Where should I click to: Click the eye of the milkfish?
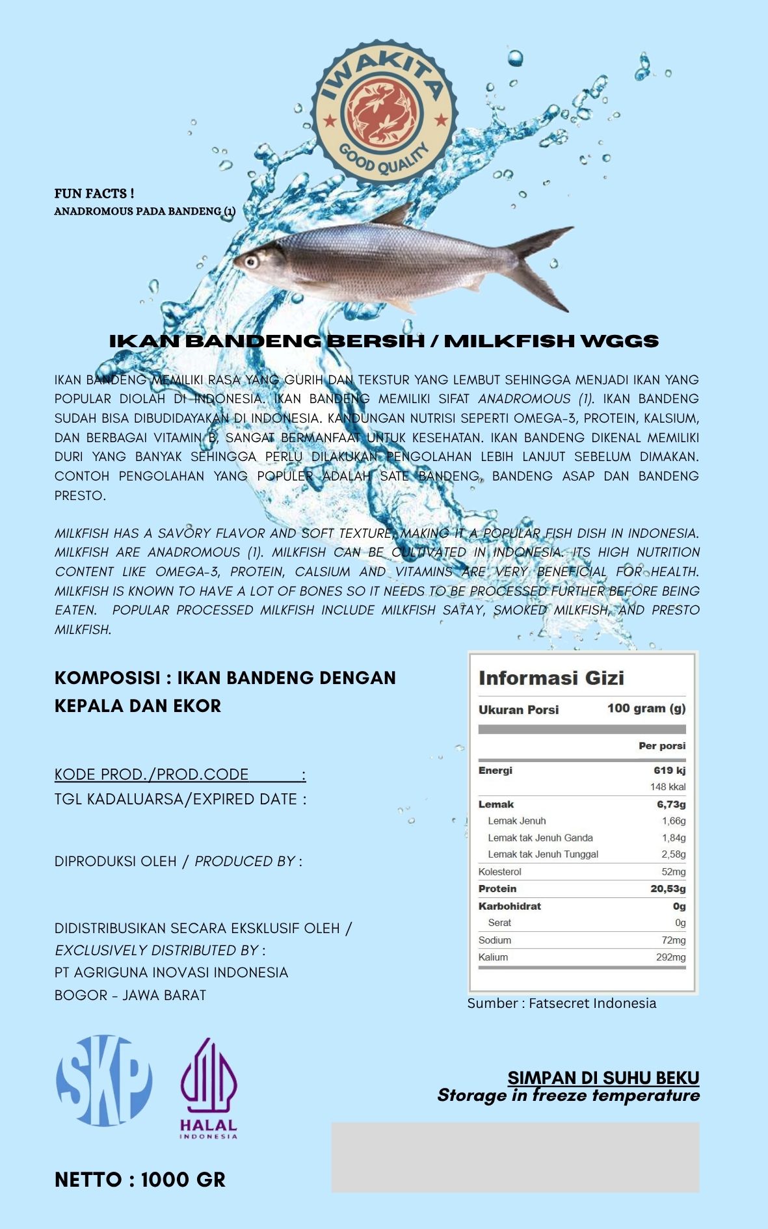tap(250, 261)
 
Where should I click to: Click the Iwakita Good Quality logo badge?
tap(384, 110)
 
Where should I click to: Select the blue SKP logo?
tap(104, 1080)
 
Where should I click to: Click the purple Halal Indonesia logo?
tap(209, 1088)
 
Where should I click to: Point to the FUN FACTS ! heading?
tap(94, 193)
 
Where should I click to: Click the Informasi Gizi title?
tap(551, 678)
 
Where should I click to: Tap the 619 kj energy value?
tap(669, 771)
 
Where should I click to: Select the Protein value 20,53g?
tap(667, 889)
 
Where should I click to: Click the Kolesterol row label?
tap(499, 872)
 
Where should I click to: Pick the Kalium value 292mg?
tap(670, 957)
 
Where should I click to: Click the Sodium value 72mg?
tap(673, 940)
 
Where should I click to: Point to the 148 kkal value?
tap(667, 787)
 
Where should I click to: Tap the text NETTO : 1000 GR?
tap(140, 1180)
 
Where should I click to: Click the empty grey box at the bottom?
tap(515, 1157)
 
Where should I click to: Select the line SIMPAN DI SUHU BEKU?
tap(603, 1077)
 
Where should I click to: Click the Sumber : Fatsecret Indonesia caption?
tap(561, 1003)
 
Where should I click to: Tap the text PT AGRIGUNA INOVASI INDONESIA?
tap(171, 972)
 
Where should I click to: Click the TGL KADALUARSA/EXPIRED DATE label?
tap(180, 799)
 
